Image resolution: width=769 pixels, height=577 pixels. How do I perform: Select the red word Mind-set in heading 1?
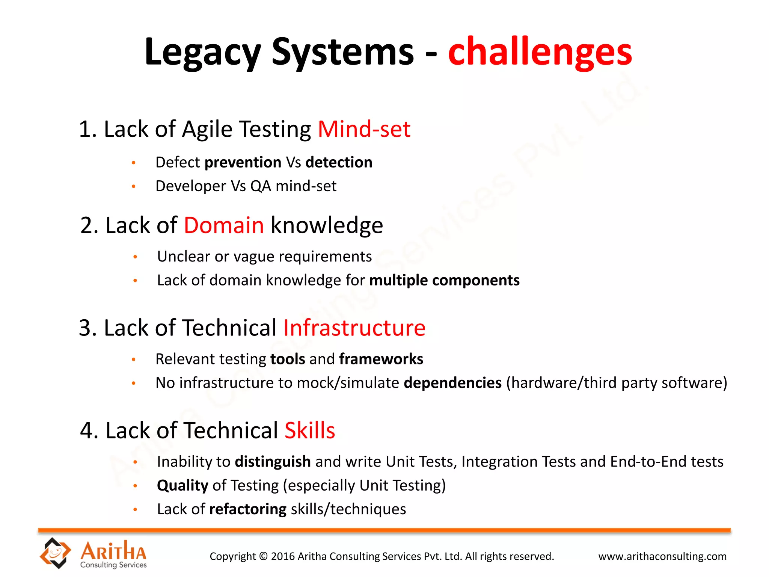(x=364, y=129)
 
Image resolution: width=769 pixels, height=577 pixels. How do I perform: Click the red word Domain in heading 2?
(x=224, y=225)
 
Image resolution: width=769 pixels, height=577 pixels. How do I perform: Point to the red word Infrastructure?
(x=354, y=328)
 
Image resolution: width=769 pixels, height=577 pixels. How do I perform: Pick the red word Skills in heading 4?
(x=310, y=430)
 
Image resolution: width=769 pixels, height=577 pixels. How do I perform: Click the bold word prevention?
(x=243, y=162)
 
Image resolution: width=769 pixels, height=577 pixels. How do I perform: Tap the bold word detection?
(x=339, y=162)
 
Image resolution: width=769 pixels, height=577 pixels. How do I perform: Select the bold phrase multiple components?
(x=444, y=280)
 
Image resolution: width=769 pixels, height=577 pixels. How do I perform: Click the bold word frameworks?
(x=381, y=359)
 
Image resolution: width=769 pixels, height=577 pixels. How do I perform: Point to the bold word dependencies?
(x=452, y=383)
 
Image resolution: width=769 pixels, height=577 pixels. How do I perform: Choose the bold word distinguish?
(x=273, y=462)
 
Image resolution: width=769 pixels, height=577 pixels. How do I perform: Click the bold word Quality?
(x=182, y=485)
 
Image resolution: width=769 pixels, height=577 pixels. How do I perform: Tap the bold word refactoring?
(x=248, y=509)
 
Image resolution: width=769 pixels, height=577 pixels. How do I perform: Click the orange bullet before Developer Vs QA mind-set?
(x=133, y=186)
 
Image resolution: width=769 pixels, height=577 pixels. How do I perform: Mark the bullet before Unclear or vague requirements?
(x=135, y=257)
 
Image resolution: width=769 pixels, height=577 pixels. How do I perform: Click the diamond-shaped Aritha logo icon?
(x=55, y=553)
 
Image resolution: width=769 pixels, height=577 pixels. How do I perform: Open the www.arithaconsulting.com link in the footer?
(x=662, y=556)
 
